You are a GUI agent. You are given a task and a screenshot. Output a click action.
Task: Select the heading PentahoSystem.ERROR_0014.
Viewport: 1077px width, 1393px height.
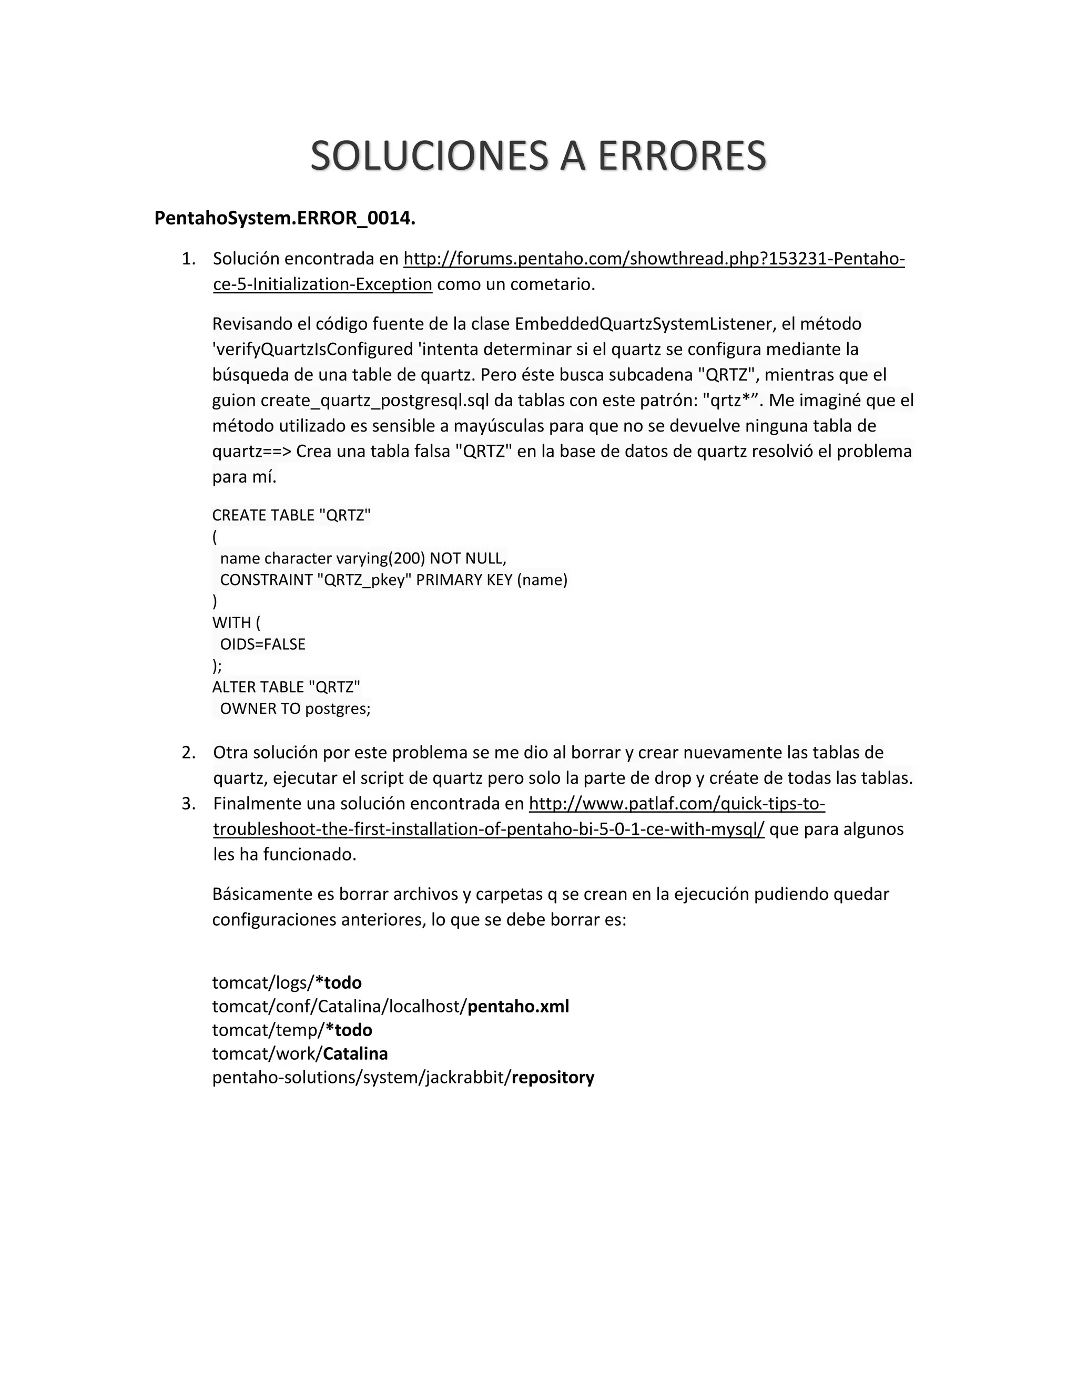[x=285, y=218]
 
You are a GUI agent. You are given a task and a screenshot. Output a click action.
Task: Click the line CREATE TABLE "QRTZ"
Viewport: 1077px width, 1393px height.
[x=291, y=515]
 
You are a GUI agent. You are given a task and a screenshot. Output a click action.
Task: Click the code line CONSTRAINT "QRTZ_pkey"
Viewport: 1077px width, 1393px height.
[x=393, y=580]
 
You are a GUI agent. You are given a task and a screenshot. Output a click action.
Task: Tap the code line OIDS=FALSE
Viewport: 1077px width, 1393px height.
[x=262, y=644]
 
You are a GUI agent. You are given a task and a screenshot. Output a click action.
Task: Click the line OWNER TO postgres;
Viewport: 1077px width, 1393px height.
[x=295, y=709]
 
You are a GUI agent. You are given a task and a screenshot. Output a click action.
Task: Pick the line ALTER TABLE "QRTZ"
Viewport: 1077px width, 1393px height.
[x=286, y=687]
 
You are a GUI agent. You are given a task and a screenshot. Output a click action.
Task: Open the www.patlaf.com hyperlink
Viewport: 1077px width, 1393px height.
[x=676, y=804]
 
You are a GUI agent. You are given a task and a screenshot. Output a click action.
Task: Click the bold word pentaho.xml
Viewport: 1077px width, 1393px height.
[x=518, y=1007]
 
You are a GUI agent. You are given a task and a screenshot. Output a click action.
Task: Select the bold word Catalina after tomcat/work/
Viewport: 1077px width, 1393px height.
[x=355, y=1053]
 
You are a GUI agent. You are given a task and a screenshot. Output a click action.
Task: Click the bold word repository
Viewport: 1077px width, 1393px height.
[x=553, y=1077]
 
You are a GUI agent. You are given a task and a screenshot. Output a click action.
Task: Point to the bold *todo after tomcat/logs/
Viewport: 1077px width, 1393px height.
[x=339, y=983]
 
